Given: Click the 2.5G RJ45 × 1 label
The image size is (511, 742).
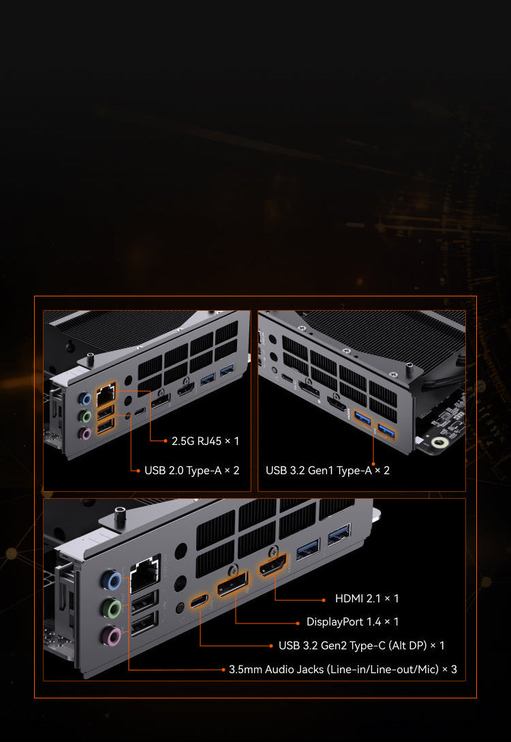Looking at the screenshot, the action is click(205, 441).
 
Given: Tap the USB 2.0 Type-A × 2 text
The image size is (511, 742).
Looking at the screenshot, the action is click(191, 470).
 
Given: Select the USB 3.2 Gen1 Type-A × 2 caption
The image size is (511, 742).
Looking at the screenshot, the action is click(328, 470).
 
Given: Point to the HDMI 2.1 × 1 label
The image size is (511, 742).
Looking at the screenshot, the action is click(367, 599).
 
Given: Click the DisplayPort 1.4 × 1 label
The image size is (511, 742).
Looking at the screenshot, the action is click(352, 622).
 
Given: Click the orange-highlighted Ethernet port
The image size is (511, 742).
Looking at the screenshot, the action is click(106, 395).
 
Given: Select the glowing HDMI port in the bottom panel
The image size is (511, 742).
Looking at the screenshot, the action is click(273, 566).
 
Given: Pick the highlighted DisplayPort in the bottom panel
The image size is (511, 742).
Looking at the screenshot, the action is click(232, 583).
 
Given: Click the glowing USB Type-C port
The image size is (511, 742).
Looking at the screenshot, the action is click(199, 601).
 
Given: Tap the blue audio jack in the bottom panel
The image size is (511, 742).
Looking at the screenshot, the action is click(112, 580).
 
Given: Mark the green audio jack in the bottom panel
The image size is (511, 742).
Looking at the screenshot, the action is click(112, 608).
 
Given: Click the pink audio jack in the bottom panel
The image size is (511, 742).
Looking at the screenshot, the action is click(112, 636).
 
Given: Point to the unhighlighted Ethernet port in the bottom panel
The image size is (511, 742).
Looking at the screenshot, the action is click(144, 574).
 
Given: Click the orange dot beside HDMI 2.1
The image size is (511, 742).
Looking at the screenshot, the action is click(324, 600).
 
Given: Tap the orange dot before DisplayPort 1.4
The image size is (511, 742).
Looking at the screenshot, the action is click(298, 623).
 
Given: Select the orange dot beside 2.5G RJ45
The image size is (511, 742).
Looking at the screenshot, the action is click(166, 441).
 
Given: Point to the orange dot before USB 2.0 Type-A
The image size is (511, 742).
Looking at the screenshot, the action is click(138, 471).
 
